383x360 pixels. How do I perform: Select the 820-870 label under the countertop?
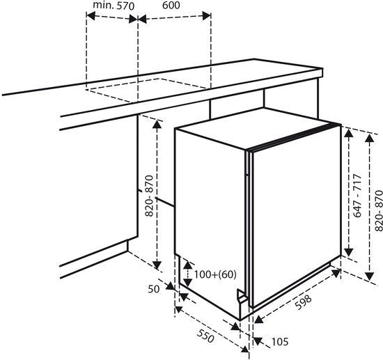click(x=148, y=195)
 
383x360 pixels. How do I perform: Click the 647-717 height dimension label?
click(x=357, y=198)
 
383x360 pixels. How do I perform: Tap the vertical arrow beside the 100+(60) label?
click(x=186, y=272)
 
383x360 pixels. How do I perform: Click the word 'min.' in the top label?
click(x=102, y=6)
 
